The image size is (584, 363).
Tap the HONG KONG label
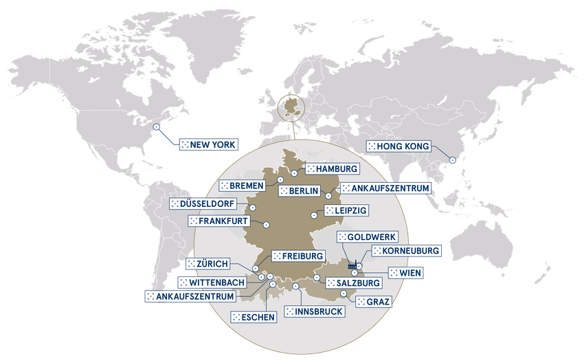398,146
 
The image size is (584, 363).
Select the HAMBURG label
332,168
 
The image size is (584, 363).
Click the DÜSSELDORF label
203,204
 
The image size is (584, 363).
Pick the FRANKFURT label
218,221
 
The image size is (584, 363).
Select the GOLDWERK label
363,237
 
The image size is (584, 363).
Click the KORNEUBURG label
405,252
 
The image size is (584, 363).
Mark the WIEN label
405,273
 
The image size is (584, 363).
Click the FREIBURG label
297,256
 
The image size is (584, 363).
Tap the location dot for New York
156,126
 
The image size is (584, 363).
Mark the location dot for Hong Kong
452,161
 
